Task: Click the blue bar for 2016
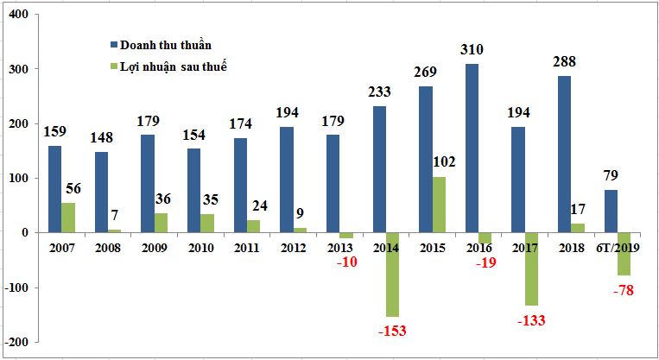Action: tap(472, 148)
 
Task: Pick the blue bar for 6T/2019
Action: tap(611, 211)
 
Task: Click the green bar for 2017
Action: tap(533, 268)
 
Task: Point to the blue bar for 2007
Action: tap(54, 189)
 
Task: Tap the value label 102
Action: tap(445, 161)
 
